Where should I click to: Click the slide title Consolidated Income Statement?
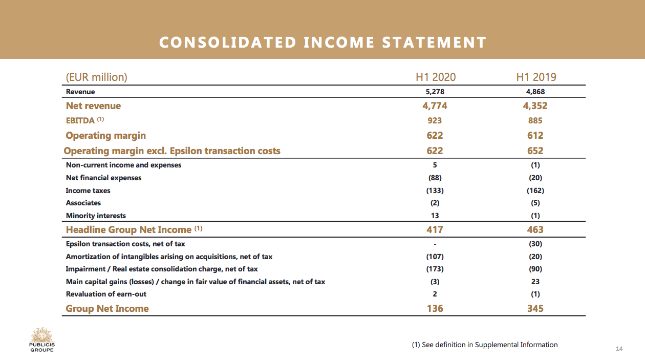pos(322,42)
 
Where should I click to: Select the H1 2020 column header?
pos(435,77)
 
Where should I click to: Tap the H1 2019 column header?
pos(535,77)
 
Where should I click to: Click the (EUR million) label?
pos(96,77)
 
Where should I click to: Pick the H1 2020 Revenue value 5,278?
pos(435,92)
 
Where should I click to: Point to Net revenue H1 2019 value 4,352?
pos(535,106)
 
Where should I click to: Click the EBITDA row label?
pos(80,121)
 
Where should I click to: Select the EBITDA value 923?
pos(435,121)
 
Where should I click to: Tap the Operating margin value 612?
pos(535,136)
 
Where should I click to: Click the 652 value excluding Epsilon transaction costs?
pos(535,151)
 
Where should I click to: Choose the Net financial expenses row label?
pos(103,178)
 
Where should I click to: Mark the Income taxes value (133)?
pos(435,190)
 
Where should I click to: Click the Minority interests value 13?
pos(435,216)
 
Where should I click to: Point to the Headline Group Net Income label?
pos(128,230)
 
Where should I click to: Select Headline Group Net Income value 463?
pos(535,230)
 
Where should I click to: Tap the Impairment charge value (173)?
pos(435,269)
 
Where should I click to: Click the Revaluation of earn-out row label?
pos(106,294)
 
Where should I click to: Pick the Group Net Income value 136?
pos(435,309)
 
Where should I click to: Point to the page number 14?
pos(619,349)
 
